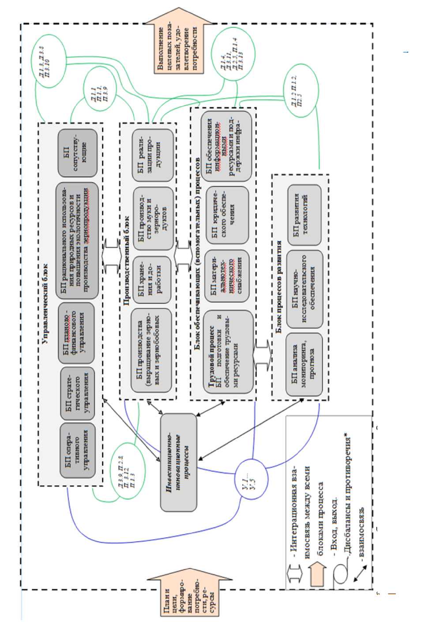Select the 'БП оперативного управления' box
78,451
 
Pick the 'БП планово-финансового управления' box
78,332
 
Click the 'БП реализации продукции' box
152,155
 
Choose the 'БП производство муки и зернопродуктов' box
152,218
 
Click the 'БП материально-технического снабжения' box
226,277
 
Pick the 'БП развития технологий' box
304,215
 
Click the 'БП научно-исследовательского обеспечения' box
304,289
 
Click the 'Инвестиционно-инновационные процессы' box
178,462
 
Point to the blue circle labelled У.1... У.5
251,479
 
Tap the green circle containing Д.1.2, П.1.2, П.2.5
300,91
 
